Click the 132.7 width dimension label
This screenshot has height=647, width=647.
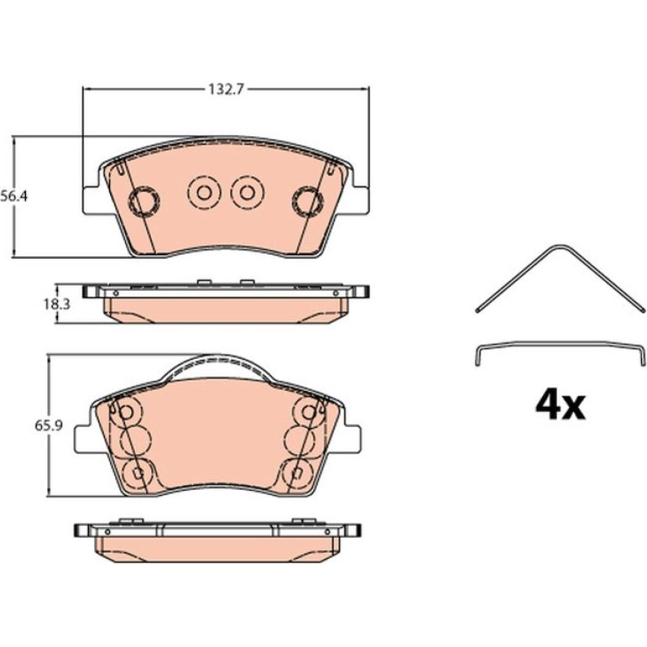pos(226,89)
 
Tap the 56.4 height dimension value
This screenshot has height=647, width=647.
pos(13,196)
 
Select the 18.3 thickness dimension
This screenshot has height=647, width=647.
pos(56,304)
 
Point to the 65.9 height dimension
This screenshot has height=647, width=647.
pos(48,425)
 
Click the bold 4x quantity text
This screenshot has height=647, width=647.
pos(560,406)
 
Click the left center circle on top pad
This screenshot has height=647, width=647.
pos(204,192)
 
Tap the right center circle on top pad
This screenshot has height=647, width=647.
pos(247,192)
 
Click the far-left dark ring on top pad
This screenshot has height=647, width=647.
pos(144,201)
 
